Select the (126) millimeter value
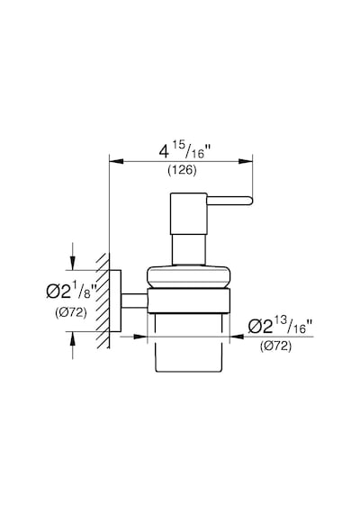[x=183, y=170]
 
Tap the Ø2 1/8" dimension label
[x=72, y=291]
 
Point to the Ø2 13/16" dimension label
[x=280, y=326]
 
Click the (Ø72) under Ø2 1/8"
[x=71, y=313]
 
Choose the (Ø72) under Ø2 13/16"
[x=275, y=346]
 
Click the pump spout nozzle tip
[x=250, y=201]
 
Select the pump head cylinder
[x=188, y=213]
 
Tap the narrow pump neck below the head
[x=188, y=249]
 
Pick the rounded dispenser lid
[x=189, y=277]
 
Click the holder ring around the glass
[x=188, y=301]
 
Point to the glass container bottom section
[x=188, y=343]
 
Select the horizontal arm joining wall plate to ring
[x=134, y=301]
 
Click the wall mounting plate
[x=115, y=301]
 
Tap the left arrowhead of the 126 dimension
[x=116, y=161]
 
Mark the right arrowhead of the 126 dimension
[x=246, y=161]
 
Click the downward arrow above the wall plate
[x=73, y=263]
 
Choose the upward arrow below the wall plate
[x=73, y=339]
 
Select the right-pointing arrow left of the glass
[x=140, y=337]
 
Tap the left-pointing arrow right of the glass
[x=237, y=337]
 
